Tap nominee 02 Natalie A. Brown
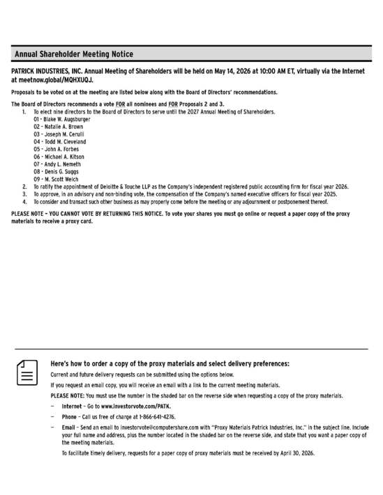coord(58,127)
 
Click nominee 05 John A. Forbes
coord(57,151)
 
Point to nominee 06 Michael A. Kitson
coord(59,159)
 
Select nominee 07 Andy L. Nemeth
coord(58,167)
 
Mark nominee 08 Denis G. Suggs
coord(57,175)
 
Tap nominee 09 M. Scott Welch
coord(57,183)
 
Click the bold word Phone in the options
coord(70,417)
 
